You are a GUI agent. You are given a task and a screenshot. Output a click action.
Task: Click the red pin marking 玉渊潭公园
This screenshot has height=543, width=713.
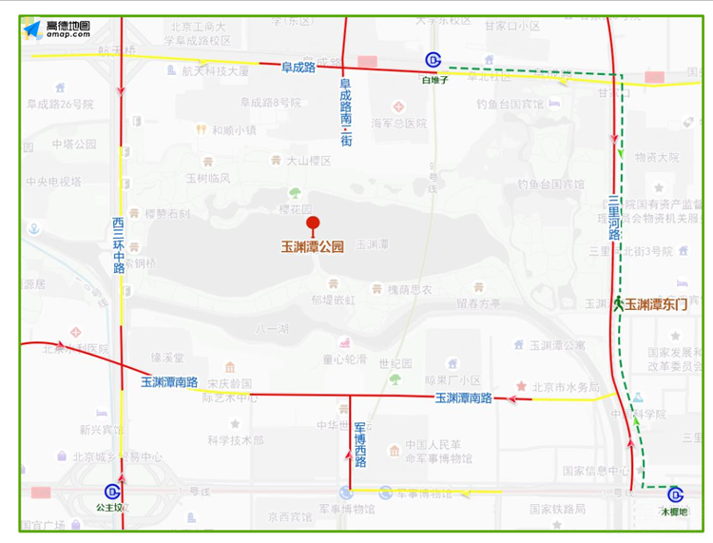[313, 225]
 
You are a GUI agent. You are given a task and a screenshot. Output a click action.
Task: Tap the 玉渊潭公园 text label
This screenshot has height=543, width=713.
[312, 246]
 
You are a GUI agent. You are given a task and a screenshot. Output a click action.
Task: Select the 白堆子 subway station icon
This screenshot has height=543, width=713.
[434, 62]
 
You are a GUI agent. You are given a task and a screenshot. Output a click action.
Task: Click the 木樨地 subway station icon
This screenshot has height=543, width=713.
[675, 495]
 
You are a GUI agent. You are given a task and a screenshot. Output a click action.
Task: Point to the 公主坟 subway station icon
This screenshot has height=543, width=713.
[112, 492]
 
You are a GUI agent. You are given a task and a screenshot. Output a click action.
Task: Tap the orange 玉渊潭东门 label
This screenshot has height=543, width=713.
[655, 304]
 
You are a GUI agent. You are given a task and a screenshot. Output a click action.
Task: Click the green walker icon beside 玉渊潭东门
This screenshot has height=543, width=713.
[618, 304]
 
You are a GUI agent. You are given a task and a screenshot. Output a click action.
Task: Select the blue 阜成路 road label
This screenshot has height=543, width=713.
[298, 67]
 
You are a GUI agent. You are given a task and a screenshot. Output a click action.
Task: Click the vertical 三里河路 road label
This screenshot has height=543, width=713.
[614, 218]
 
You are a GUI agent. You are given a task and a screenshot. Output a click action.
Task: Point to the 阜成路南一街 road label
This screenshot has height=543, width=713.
[346, 112]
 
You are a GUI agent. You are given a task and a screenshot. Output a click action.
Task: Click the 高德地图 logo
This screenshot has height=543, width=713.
[57, 29]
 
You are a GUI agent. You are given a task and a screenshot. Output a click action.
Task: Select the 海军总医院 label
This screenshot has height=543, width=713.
[398, 124]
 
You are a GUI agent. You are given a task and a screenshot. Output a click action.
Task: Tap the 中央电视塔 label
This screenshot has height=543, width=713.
[52, 182]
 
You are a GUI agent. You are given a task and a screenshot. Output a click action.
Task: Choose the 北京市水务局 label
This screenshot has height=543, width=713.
[566, 387]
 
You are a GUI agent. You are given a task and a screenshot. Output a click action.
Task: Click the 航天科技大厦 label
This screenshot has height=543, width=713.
[215, 70]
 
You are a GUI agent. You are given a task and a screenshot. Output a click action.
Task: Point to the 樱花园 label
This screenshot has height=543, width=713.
[296, 208]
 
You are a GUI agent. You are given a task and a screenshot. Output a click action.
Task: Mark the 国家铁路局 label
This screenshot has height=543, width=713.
[558, 510]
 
